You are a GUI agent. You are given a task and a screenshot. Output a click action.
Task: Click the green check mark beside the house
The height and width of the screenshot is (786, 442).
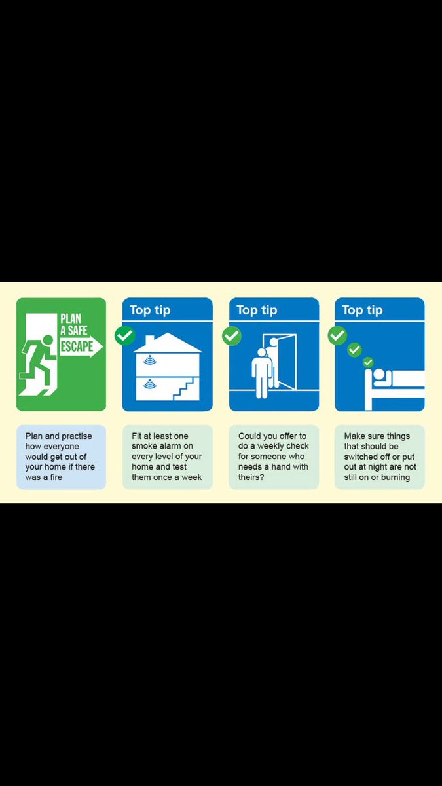click(x=124, y=336)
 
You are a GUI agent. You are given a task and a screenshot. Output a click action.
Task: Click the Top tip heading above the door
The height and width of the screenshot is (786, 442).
click(x=256, y=310)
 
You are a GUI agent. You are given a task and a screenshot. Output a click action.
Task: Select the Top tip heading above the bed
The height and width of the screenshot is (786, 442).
click(x=362, y=310)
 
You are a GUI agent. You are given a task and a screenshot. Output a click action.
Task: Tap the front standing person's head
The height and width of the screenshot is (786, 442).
click(x=262, y=352)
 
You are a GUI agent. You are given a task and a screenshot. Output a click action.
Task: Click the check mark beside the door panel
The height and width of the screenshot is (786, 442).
click(x=231, y=336)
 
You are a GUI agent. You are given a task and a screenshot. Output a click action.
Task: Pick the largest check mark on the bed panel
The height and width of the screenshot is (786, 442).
click(x=337, y=336)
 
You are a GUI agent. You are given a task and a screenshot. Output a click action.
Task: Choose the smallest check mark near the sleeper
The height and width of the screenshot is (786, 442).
click(x=368, y=362)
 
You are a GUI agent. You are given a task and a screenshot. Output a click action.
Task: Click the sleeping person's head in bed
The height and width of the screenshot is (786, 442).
click(x=378, y=376)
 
